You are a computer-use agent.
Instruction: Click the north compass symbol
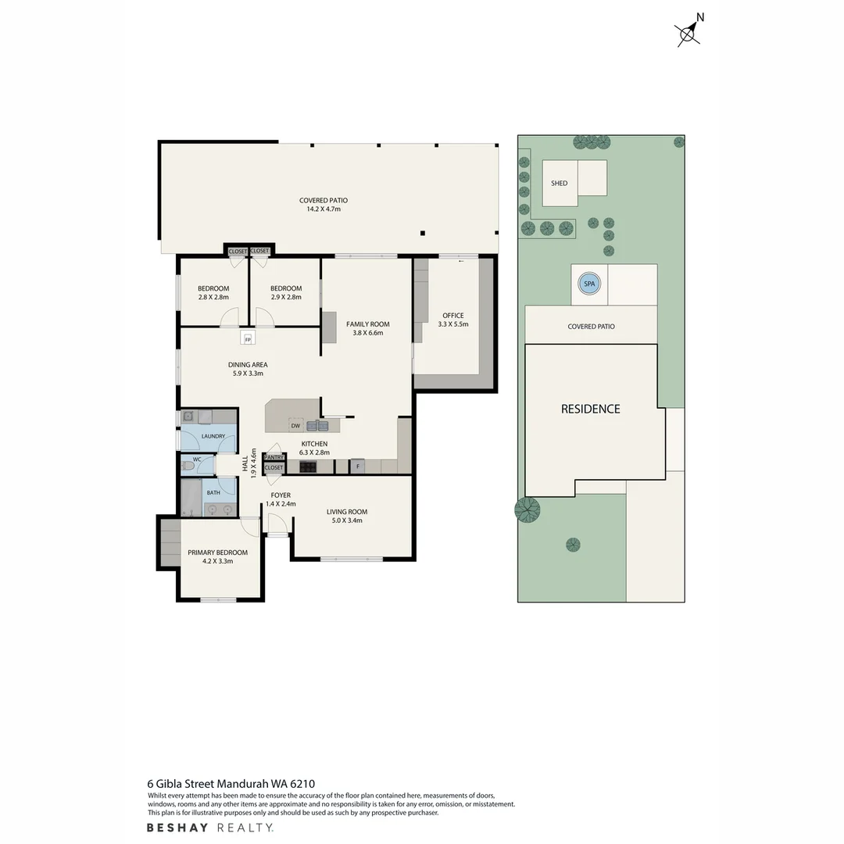(x=688, y=33)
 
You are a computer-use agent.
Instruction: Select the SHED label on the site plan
(x=559, y=184)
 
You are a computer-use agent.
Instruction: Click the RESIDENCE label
(x=590, y=409)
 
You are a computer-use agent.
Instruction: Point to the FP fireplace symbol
(x=248, y=338)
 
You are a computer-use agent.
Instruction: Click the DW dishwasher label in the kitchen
(x=295, y=426)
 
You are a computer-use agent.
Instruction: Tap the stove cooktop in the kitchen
(x=307, y=467)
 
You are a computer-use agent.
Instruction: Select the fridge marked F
(x=357, y=467)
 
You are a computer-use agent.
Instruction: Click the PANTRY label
(x=274, y=457)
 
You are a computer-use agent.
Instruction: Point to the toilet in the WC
(x=188, y=466)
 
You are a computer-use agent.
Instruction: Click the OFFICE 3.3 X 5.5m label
(x=452, y=320)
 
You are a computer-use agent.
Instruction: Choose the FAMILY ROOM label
(x=367, y=324)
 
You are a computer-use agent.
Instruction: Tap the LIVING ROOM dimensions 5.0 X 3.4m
(x=346, y=520)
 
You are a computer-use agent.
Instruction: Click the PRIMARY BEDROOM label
(x=217, y=553)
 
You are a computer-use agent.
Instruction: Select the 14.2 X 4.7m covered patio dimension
(x=323, y=209)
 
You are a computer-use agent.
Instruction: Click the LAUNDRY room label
(x=213, y=436)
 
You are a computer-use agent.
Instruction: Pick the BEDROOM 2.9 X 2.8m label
(x=285, y=293)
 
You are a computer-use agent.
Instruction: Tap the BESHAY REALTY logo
(x=210, y=828)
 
